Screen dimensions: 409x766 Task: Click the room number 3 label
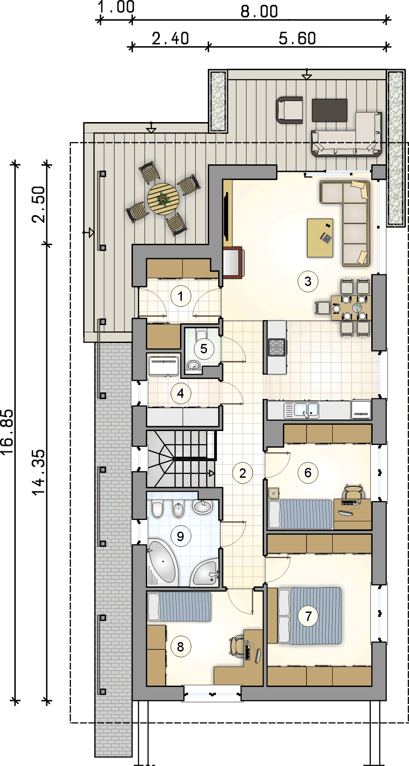[x=308, y=282]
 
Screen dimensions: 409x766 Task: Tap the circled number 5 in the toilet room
[x=204, y=349]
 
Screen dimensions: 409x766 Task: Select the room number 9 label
[x=180, y=536]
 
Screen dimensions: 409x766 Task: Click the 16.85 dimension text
[x=8, y=431]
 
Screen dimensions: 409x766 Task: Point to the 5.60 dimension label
[x=297, y=38]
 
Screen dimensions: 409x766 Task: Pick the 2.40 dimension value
[x=170, y=38]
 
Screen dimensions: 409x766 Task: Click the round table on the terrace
[x=163, y=199]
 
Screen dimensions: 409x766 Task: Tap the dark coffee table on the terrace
[x=330, y=110]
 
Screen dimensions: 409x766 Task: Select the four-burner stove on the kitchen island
[x=277, y=347]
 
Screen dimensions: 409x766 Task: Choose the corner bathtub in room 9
[x=162, y=563]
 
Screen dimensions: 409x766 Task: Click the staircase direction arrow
[x=211, y=473]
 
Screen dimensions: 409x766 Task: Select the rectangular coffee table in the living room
[x=320, y=238]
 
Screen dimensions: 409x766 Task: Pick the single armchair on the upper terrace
[x=289, y=110]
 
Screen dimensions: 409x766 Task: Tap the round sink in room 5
[x=193, y=366]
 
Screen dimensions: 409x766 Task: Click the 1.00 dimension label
[x=116, y=7]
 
